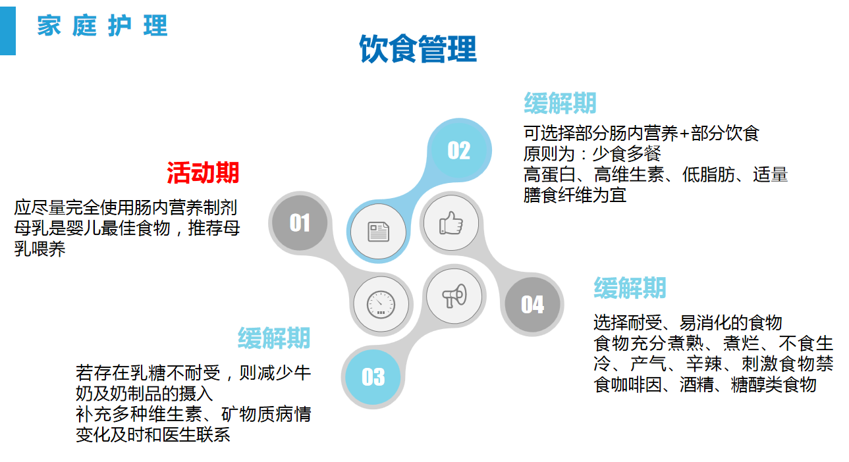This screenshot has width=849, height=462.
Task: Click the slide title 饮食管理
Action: pyautogui.click(x=418, y=49)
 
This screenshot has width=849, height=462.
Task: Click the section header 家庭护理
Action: pyautogui.click(x=102, y=26)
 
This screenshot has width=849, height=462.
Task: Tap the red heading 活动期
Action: pyautogui.click(x=203, y=172)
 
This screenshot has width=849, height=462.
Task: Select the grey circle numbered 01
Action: pyautogui.click(x=300, y=222)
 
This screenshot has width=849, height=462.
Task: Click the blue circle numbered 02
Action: pyautogui.click(x=459, y=150)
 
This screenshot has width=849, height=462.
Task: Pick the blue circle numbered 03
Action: pyautogui.click(x=373, y=377)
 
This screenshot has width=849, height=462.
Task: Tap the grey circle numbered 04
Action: pyautogui.click(x=533, y=305)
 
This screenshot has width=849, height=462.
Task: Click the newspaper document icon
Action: pyautogui.click(x=378, y=232)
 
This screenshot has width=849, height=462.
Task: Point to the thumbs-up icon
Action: pyautogui.click(x=451, y=223)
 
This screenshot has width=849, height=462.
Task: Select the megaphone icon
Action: pyautogui.click(x=454, y=295)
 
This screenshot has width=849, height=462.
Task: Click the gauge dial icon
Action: pyautogui.click(x=381, y=304)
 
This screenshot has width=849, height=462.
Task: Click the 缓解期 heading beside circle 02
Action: pyautogui.click(x=560, y=103)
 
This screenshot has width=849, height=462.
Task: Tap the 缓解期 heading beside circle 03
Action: pyautogui.click(x=273, y=338)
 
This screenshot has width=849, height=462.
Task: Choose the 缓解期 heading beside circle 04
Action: pyautogui.click(x=630, y=288)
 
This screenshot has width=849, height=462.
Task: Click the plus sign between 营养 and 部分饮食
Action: pyautogui.click(x=684, y=134)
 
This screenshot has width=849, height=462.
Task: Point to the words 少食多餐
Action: pyautogui.click(x=626, y=154)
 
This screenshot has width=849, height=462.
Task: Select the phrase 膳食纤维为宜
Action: pyautogui.click(x=574, y=195)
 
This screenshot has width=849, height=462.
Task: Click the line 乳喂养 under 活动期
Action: pyautogui.click(x=40, y=249)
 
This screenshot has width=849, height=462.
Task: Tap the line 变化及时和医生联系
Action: pyautogui.click(x=153, y=435)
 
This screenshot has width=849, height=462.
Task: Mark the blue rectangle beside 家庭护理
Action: pyautogui.click(x=8, y=31)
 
